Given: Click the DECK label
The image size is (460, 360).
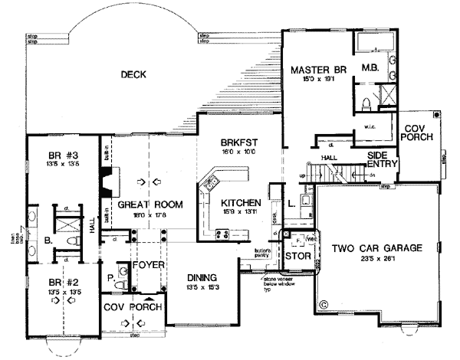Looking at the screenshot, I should point(133,74).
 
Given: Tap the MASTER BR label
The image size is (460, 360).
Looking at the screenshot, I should point(314,70).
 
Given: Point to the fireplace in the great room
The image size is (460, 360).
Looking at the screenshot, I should point(107,182).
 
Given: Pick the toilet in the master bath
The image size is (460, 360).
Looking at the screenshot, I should point(366,104).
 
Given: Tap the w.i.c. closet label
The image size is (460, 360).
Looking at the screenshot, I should point(368,127).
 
